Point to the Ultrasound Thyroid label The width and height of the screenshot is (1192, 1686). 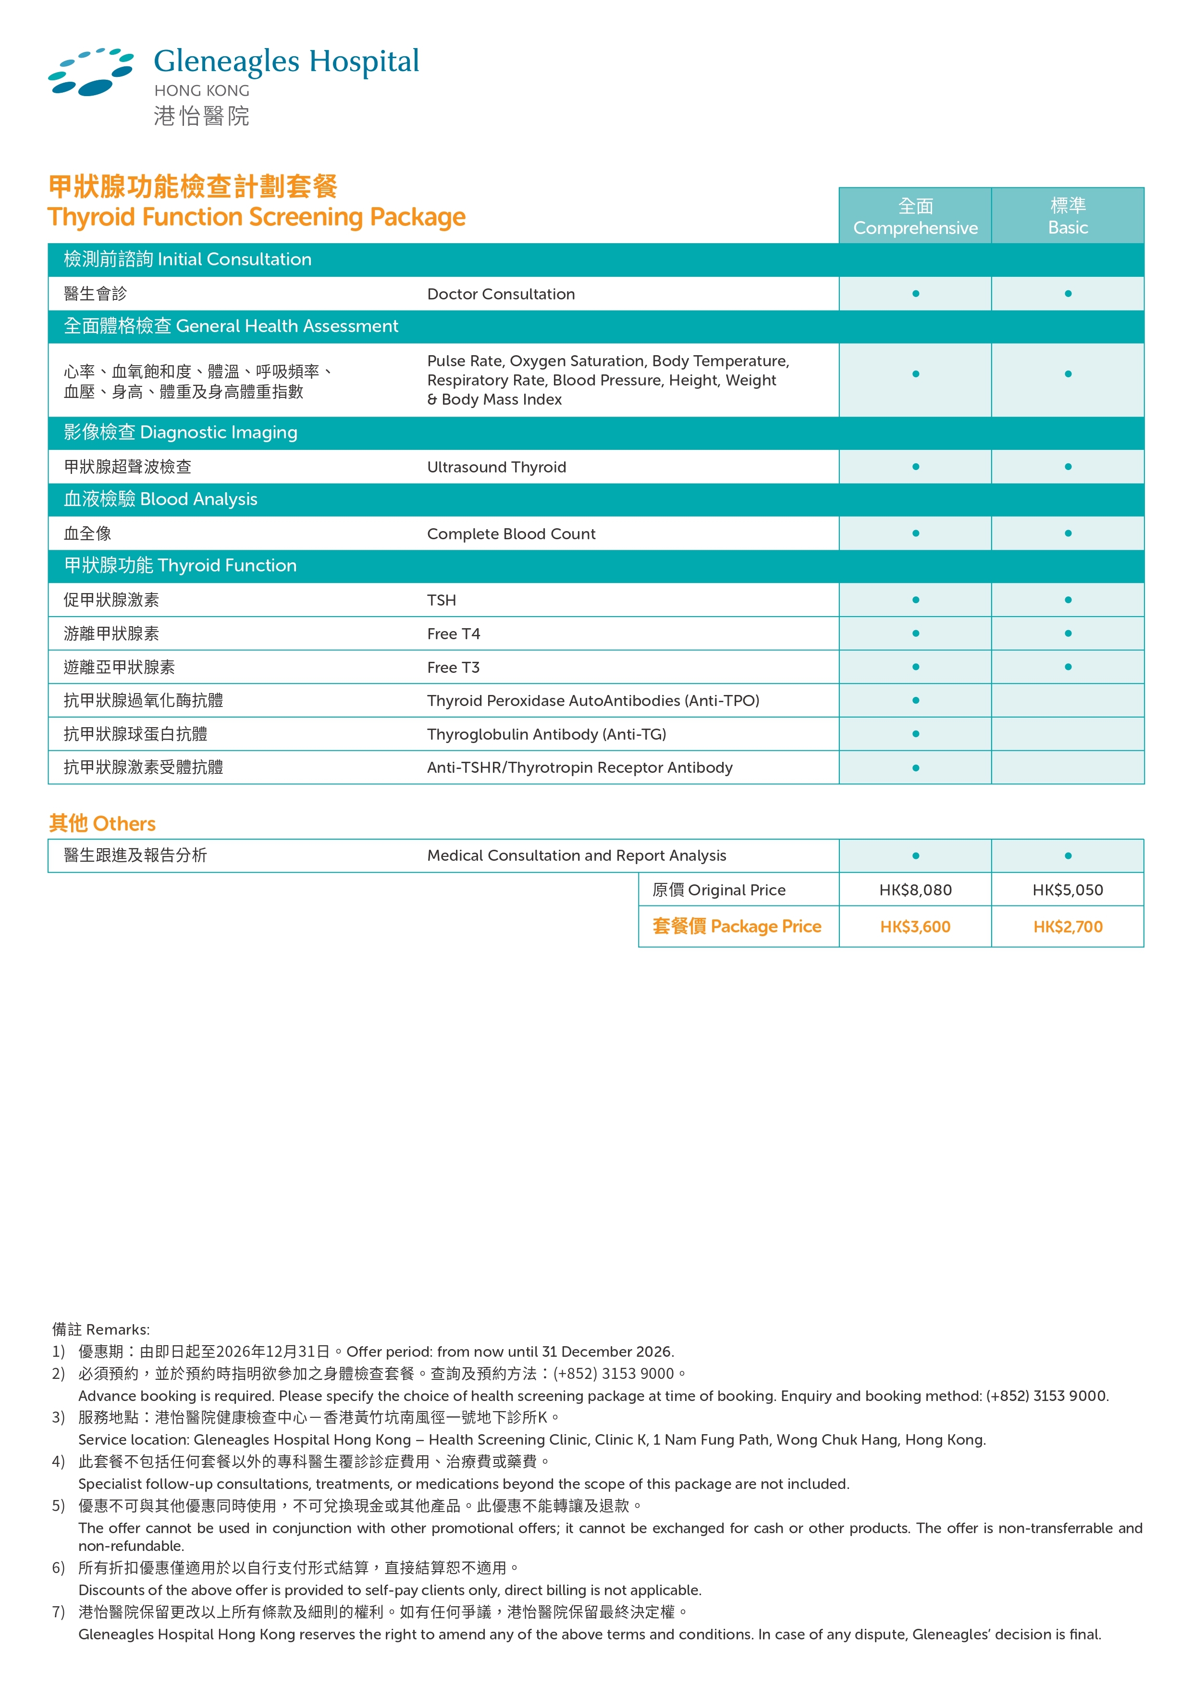pyautogui.click(x=496, y=468)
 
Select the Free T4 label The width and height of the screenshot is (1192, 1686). pyautogui.click(x=453, y=634)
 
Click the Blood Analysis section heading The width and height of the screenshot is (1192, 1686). pyautogui.click(x=161, y=499)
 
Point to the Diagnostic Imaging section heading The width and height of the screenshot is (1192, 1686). pyautogui.click(x=181, y=433)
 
